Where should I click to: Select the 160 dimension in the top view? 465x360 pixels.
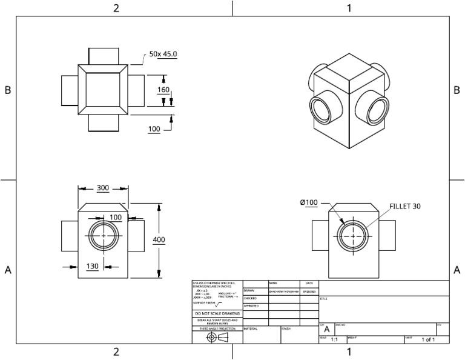pyautogui.click(x=163, y=90)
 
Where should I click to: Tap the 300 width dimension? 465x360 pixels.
pyautogui.click(x=102, y=188)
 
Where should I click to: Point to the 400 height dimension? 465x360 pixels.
pyautogui.click(x=159, y=240)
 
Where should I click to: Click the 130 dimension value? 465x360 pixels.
pyautogui.click(x=93, y=266)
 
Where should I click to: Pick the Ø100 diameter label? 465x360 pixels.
pyautogui.click(x=309, y=202)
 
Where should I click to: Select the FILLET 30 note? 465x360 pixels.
pyautogui.click(x=406, y=206)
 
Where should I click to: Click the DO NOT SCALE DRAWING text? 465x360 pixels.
pyautogui.click(x=218, y=313)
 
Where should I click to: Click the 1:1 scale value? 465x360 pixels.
pyautogui.click(x=334, y=340)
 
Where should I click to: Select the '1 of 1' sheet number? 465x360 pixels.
pyautogui.click(x=428, y=340)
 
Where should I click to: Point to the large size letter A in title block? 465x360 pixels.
pyautogui.click(x=327, y=328)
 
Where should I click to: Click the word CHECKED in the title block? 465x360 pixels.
pyautogui.click(x=251, y=298)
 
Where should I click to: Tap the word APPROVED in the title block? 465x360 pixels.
pyautogui.click(x=251, y=306)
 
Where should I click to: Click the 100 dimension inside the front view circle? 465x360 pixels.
pyautogui.click(x=115, y=217)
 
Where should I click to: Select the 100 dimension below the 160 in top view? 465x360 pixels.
pyautogui.click(x=154, y=129)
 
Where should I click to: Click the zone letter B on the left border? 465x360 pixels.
pyautogui.click(x=8, y=90)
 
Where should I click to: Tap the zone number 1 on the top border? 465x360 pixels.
pyautogui.click(x=349, y=8)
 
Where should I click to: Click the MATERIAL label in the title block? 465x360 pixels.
pyautogui.click(x=251, y=328)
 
